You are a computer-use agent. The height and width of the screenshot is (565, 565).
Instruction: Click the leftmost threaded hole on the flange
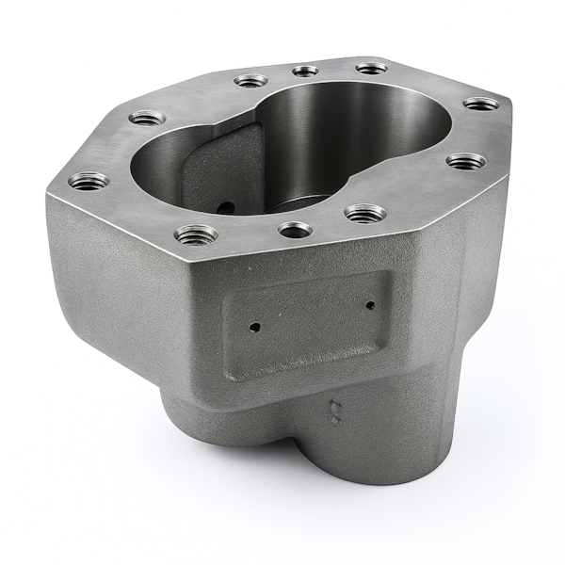89,180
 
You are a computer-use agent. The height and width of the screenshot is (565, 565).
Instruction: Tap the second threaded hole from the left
147,119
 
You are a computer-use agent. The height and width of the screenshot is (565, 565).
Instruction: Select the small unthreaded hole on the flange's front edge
295,229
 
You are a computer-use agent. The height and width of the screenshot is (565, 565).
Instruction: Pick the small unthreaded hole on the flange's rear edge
305,71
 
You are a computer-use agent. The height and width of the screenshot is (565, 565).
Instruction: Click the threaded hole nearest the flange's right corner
481,104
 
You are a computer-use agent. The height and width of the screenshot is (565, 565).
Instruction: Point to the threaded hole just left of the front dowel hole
196,234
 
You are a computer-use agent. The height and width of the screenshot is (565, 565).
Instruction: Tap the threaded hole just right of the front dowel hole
364,214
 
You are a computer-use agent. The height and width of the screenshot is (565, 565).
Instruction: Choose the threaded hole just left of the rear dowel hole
251,81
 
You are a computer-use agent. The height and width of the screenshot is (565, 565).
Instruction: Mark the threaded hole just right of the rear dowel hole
371,68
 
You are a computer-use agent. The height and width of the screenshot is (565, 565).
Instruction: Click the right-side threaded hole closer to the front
465,161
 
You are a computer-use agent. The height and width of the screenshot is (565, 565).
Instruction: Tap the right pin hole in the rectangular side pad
370,304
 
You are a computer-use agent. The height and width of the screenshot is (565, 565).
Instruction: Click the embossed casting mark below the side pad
332,409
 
